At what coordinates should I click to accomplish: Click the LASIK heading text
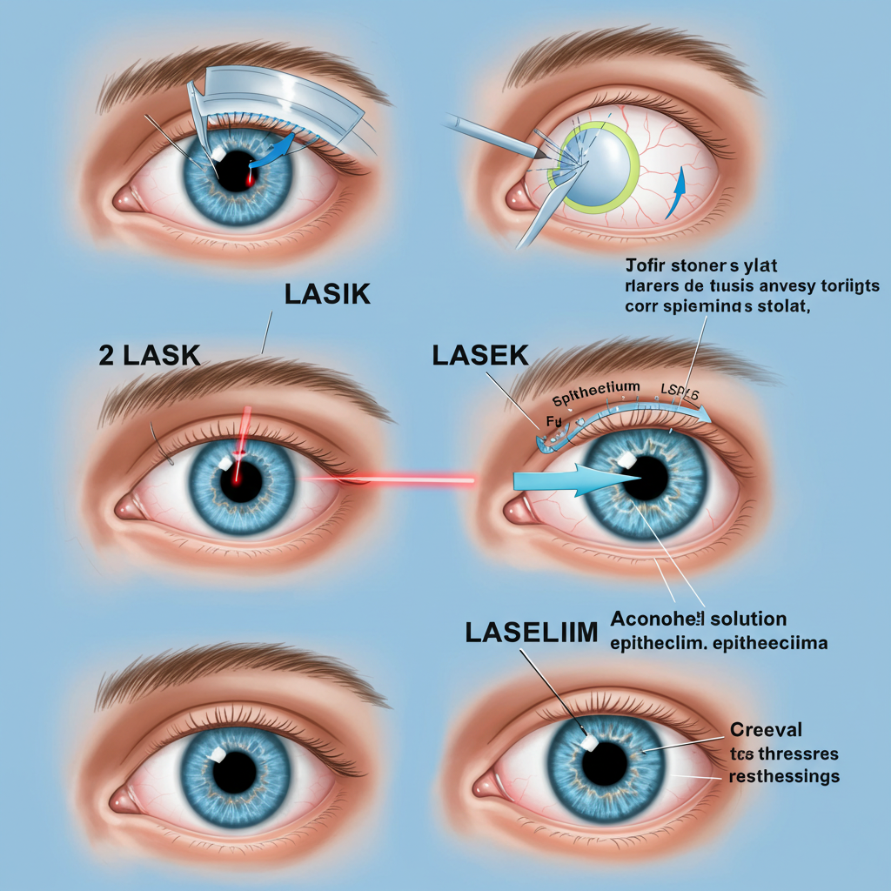tap(327, 294)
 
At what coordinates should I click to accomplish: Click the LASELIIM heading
tap(532, 632)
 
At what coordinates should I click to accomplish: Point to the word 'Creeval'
tap(766, 729)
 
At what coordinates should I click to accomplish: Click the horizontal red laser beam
tap(392, 478)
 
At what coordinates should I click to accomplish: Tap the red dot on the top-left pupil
tap(249, 180)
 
